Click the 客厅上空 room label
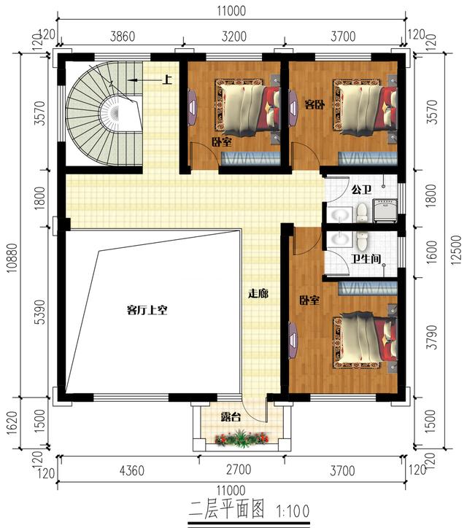[x=147, y=310]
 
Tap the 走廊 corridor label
[x=258, y=294]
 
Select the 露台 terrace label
[x=231, y=417]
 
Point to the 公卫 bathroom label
[x=361, y=190]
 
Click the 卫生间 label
[x=366, y=259]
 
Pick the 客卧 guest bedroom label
[x=314, y=104]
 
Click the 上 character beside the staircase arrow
[x=167, y=79]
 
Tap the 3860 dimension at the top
[x=123, y=36]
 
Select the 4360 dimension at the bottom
[x=132, y=470]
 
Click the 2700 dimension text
[x=239, y=470]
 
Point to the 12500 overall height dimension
[x=455, y=250]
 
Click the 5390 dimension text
[x=40, y=312]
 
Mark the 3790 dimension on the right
[x=432, y=337]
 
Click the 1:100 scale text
[x=293, y=511]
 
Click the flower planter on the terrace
[x=242, y=438]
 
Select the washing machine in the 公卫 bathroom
[x=385, y=211]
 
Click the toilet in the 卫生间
[x=362, y=241]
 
